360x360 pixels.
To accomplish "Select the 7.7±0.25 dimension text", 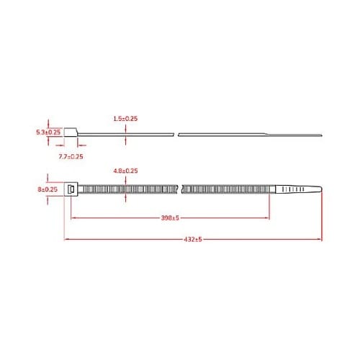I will pos(70,156).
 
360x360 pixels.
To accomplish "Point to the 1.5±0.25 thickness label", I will pos(126,117).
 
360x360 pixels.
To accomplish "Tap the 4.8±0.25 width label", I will pos(126,170).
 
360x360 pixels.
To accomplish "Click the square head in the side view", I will pos(70,132).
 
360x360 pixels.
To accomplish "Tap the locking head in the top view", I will pos(72,189).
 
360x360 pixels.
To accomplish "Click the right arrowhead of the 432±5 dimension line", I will pos(320,238).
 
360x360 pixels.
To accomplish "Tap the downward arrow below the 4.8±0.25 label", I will pos(126,181).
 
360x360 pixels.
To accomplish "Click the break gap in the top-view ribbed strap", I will pos(179,189).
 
